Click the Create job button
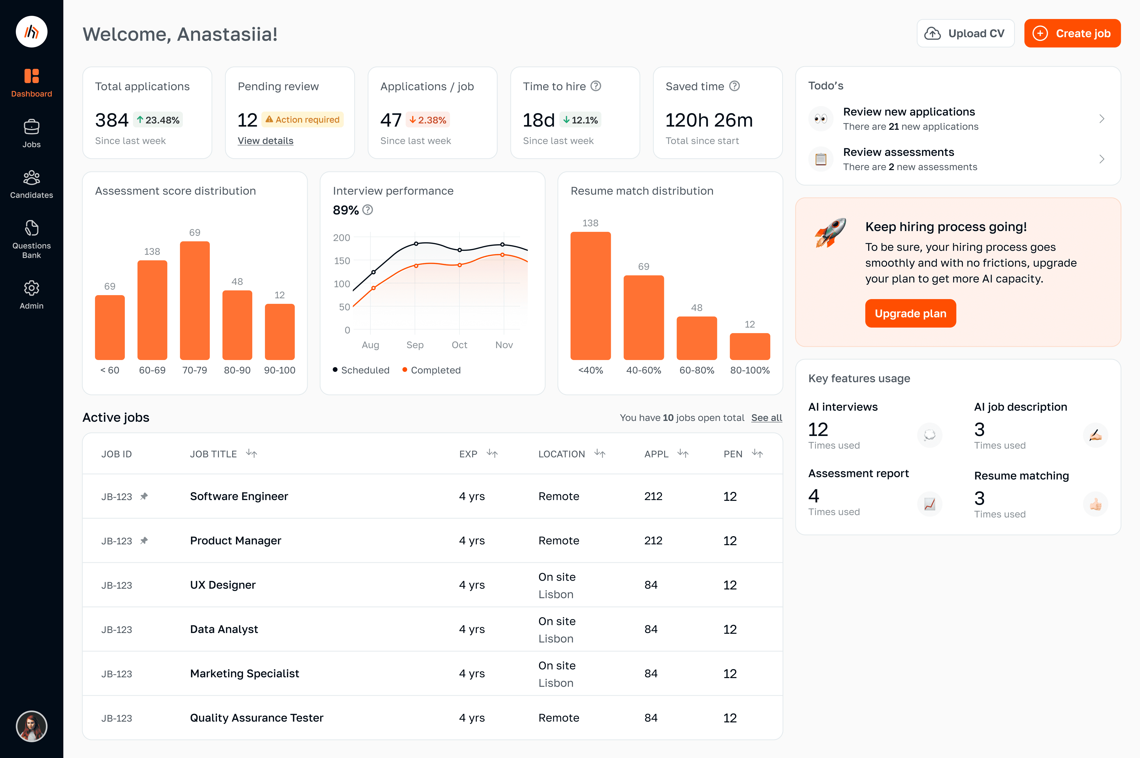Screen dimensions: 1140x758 point(1072,33)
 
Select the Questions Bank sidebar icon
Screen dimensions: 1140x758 point(31,228)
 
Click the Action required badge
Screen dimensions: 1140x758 point(302,119)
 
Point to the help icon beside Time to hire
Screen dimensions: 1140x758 point(596,86)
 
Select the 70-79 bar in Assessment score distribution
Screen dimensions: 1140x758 point(194,300)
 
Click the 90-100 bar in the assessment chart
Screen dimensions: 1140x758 point(279,332)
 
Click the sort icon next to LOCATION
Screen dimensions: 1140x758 point(600,453)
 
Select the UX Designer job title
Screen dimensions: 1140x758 point(222,585)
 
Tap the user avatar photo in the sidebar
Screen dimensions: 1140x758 point(31,726)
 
